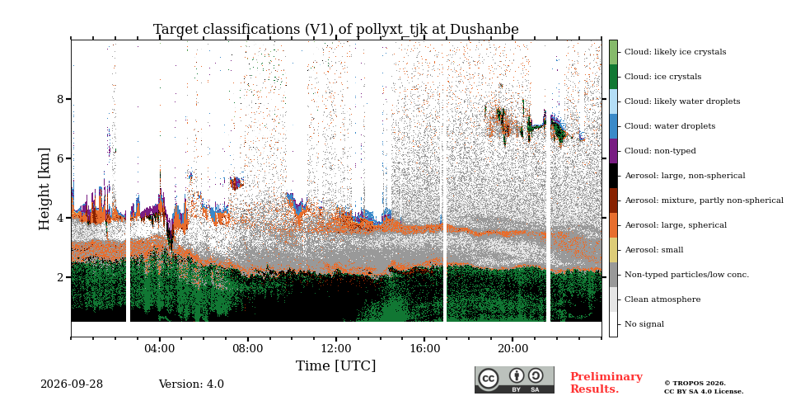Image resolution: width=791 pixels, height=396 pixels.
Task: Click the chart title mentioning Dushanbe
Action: [335, 30]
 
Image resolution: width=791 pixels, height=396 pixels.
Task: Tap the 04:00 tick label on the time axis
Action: [159, 349]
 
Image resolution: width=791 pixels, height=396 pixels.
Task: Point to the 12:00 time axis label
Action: [336, 349]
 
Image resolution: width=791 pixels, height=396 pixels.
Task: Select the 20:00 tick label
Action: [513, 349]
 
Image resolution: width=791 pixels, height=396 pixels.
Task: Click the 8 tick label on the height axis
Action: [60, 99]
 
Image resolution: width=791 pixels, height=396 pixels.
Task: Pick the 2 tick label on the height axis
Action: [60, 277]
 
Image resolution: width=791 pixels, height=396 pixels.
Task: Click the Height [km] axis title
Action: [44, 189]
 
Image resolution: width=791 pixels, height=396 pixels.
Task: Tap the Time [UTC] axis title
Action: [335, 365]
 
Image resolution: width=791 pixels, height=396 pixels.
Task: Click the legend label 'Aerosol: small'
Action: [653, 250]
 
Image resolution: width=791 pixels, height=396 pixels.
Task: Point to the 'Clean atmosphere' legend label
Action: [662, 299]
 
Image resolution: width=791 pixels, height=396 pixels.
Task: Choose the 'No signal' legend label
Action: [644, 324]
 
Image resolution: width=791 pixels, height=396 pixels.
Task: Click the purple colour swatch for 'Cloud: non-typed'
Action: [613, 151]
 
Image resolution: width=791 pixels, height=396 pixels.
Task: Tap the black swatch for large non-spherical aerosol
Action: [613, 176]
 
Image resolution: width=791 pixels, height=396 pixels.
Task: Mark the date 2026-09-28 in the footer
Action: [72, 384]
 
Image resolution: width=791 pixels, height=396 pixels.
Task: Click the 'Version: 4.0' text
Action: [191, 384]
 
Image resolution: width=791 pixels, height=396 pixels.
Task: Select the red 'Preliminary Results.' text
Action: [606, 383]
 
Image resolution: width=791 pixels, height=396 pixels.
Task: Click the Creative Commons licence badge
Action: [514, 379]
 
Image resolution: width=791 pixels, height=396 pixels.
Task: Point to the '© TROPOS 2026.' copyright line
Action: [695, 384]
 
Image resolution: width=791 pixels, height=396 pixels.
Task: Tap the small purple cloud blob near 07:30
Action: [235, 183]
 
